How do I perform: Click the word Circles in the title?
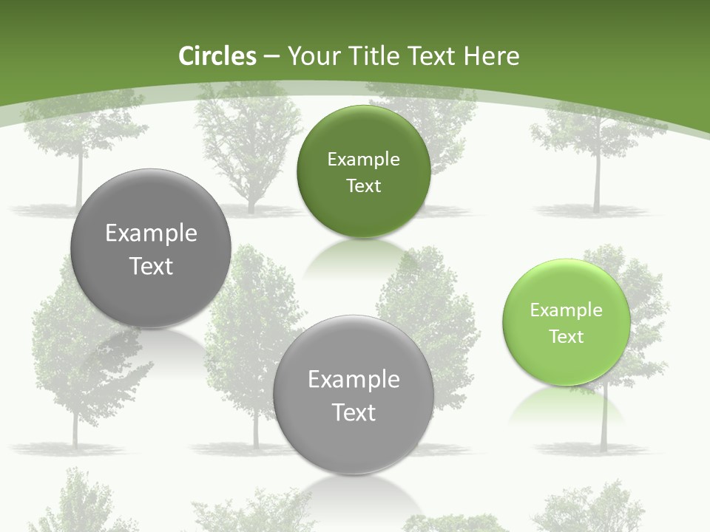pos(217,56)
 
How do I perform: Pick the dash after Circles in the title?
pos(271,57)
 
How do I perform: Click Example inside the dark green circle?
pos(363,160)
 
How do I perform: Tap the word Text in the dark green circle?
pos(363,186)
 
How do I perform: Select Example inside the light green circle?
pos(567,310)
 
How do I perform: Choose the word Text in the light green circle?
pos(567,337)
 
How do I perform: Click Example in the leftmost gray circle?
pos(151,233)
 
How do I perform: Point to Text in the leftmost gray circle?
pos(151,266)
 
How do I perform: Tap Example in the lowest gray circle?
pos(354,380)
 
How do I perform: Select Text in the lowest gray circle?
pos(354,412)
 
